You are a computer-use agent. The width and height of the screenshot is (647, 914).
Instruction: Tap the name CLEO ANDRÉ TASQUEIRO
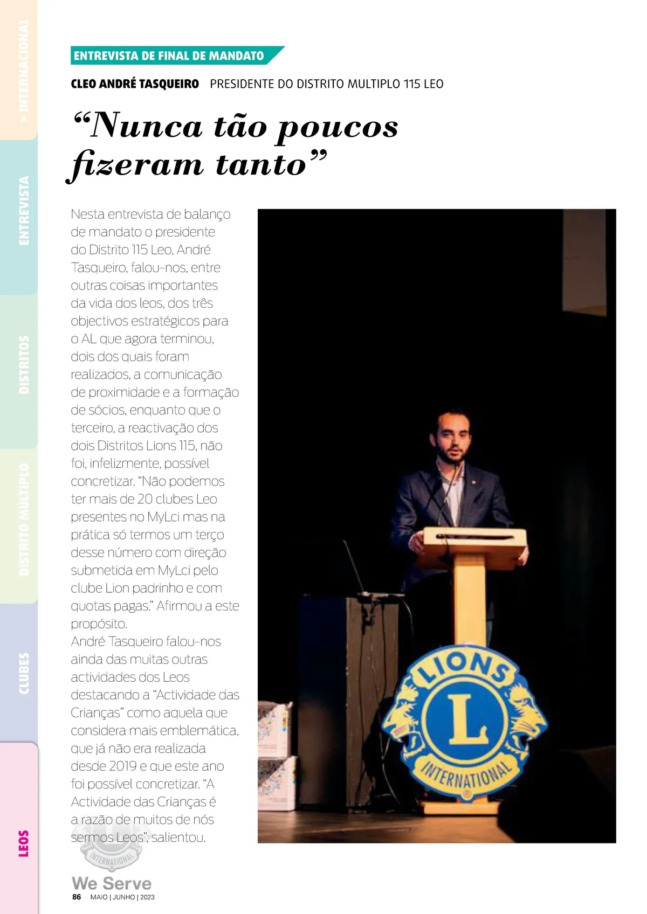[x=135, y=84]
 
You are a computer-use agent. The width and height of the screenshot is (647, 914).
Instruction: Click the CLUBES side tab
[x=23, y=673]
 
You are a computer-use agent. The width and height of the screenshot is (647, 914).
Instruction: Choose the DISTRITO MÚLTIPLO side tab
[x=23, y=520]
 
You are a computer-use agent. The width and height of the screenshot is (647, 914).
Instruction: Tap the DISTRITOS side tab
[x=23, y=364]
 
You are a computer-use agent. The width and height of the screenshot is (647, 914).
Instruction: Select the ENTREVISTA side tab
[x=23, y=211]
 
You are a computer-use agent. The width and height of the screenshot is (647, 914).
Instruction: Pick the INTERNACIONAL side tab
[x=23, y=70]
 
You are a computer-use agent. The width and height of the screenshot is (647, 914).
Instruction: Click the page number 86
[x=77, y=897]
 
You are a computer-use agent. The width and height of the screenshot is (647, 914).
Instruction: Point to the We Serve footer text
[x=112, y=883]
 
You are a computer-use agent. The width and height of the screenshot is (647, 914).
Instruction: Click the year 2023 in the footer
[x=147, y=897]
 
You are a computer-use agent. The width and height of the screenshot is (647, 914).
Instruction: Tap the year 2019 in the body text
[x=122, y=766]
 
